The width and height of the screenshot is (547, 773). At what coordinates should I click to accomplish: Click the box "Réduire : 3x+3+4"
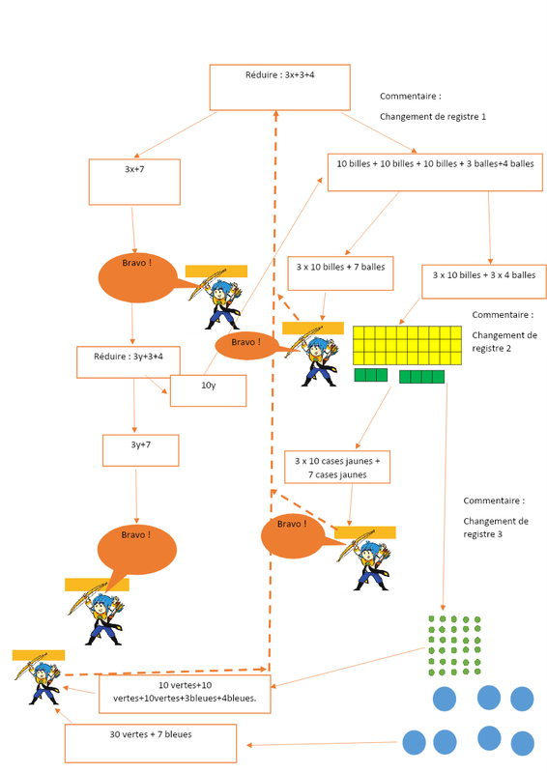click(279, 87)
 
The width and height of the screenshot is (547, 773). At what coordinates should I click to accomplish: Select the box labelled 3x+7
click(134, 182)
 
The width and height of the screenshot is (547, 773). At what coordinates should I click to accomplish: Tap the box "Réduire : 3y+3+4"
click(129, 362)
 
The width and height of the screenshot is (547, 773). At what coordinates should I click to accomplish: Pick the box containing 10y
click(208, 391)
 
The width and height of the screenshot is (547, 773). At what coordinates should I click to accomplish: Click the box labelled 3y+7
click(140, 450)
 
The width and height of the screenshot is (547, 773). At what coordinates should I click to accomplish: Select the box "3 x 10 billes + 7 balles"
click(340, 273)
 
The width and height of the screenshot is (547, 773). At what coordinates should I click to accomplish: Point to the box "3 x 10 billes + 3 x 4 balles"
click(484, 281)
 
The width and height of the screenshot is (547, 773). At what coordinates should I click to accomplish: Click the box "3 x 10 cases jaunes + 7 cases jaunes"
click(337, 467)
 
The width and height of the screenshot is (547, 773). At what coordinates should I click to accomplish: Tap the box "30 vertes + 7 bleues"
click(151, 743)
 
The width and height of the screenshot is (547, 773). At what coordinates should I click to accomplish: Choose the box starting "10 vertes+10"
click(185, 694)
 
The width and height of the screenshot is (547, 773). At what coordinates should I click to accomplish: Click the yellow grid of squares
click(408, 345)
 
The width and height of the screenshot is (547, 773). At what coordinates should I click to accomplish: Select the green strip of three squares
click(371, 375)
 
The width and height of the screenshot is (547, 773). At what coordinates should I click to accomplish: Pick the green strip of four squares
click(421, 377)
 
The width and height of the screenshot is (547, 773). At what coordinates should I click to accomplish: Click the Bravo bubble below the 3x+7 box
click(137, 278)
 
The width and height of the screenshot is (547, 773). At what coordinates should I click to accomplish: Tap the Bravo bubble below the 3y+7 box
click(136, 550)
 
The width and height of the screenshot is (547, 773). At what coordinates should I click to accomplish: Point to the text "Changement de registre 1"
click(433, 117)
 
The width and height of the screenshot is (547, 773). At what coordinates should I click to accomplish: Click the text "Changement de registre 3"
click(496, 528)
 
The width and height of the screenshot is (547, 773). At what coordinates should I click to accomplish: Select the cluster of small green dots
click(454, 645)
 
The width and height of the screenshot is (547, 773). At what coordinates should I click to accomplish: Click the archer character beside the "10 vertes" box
click(39, 680)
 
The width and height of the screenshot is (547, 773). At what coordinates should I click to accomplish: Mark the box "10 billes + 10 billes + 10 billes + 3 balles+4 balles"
click(435, 172)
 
